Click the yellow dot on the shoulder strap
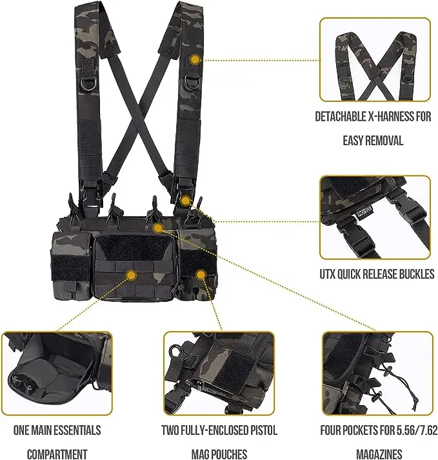(195, 59)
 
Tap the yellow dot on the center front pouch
(132, 275)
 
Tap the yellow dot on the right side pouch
(201, 275)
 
